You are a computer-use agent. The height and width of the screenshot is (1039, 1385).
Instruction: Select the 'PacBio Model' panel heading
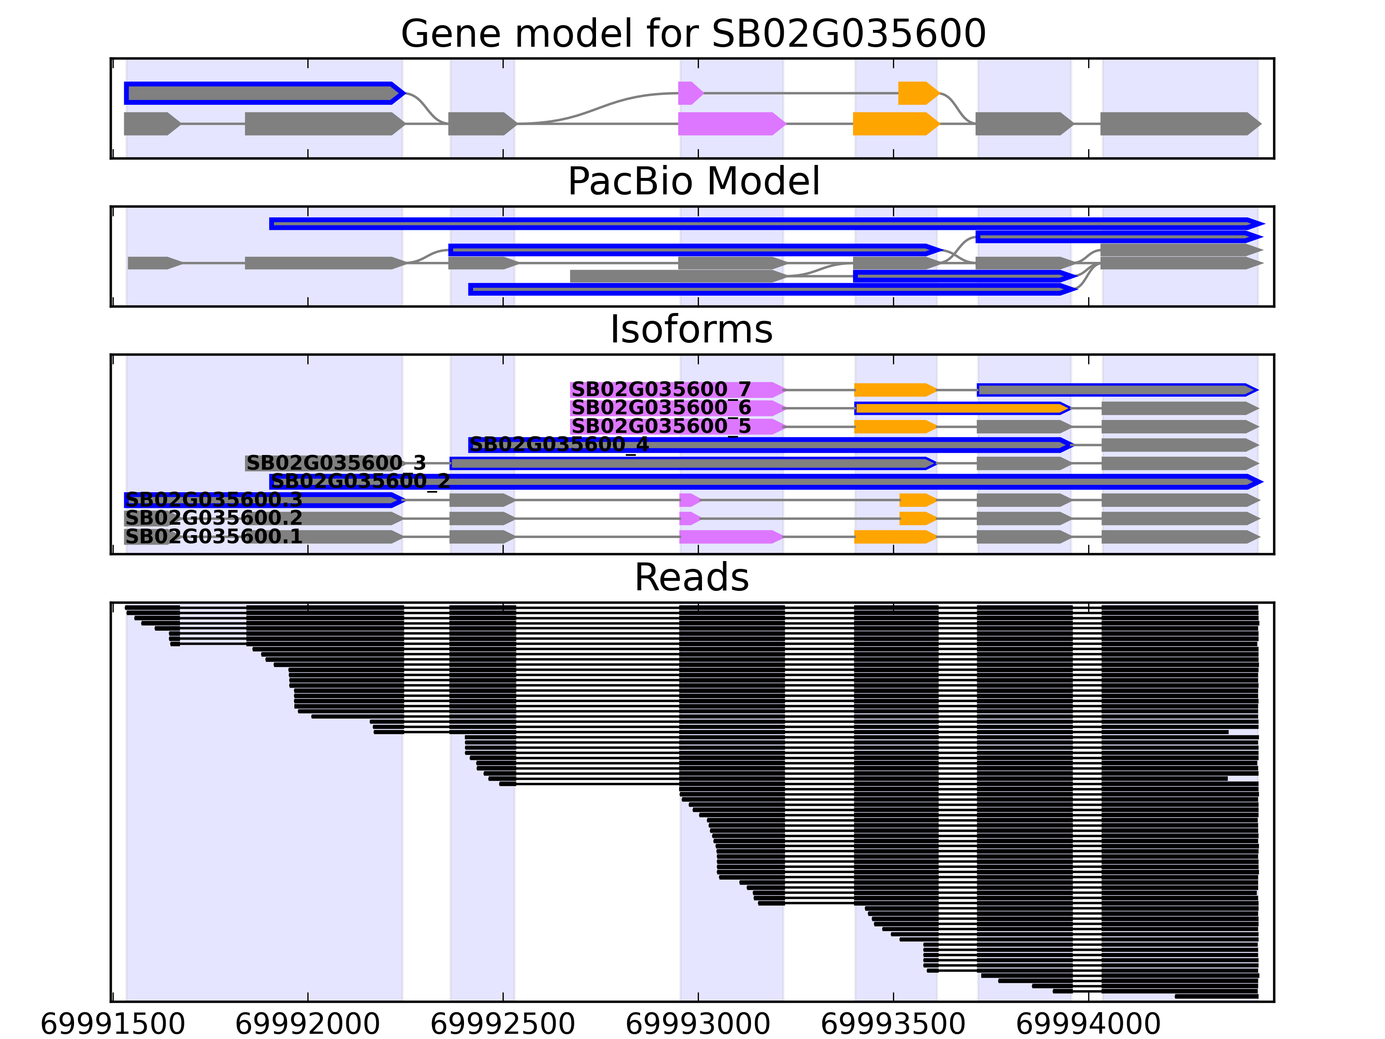[x=693, y=182]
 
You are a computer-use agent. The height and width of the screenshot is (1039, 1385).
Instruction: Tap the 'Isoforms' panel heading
[x=691, y=329]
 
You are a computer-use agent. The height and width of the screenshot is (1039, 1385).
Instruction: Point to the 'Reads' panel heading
[x=691, y=578]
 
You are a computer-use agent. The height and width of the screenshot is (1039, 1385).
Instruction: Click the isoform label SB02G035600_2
[x=360, y=481]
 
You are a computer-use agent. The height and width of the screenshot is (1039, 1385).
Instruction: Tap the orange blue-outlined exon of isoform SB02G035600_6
[x=961, y=408]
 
